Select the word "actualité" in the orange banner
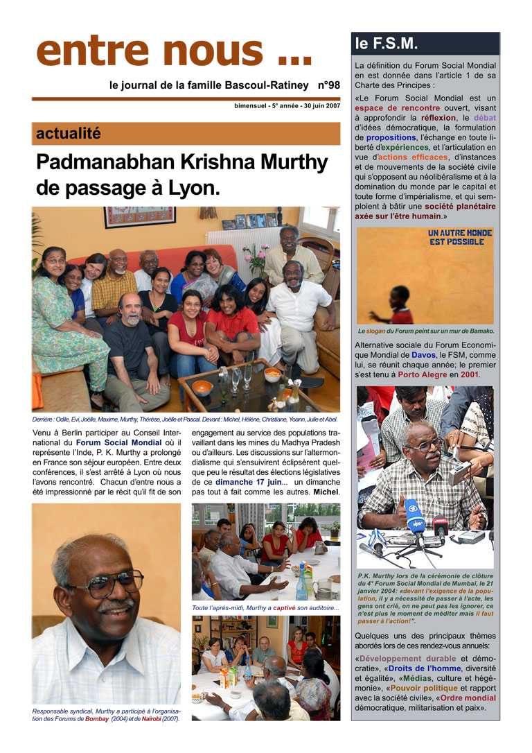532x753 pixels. click(x=68, y=133)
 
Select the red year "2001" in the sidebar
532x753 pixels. click(x=468, y=374)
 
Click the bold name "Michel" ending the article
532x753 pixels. click(x=326, y=492)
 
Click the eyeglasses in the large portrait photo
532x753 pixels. click(x=104, y=584)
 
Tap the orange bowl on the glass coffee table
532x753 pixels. click(x=202, y=386)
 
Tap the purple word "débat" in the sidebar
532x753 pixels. click(x=484, y=118)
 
